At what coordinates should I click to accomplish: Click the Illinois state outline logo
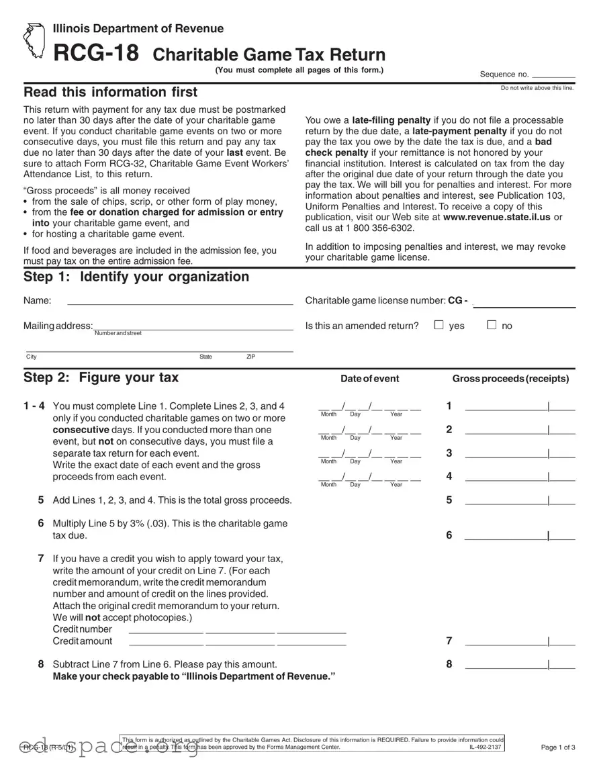tap(32, 41)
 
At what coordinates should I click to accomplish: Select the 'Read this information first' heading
tap(111, 92)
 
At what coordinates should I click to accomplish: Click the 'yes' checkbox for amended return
tap(439, 325)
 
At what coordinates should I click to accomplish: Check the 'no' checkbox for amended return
tap(492, 325)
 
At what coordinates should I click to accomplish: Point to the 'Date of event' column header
tap(369, 379)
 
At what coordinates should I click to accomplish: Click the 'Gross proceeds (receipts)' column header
tap(510, 379)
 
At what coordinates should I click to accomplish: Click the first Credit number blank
tap(166, 631)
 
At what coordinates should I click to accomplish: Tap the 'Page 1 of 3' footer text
tap(557, 747)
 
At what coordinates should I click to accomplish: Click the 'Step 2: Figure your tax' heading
tap(101, 377)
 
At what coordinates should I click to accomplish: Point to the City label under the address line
tap(32, 357)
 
